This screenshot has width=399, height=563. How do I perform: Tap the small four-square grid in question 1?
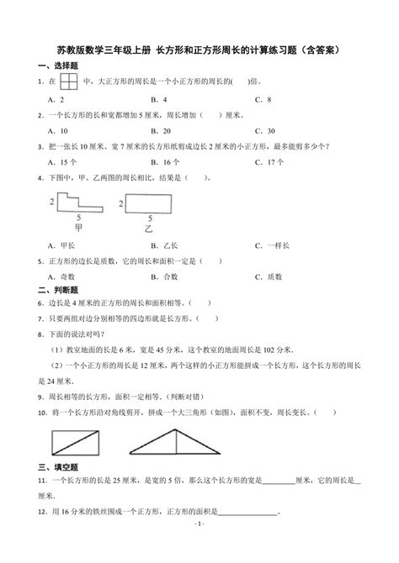[x=67, y=82]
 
